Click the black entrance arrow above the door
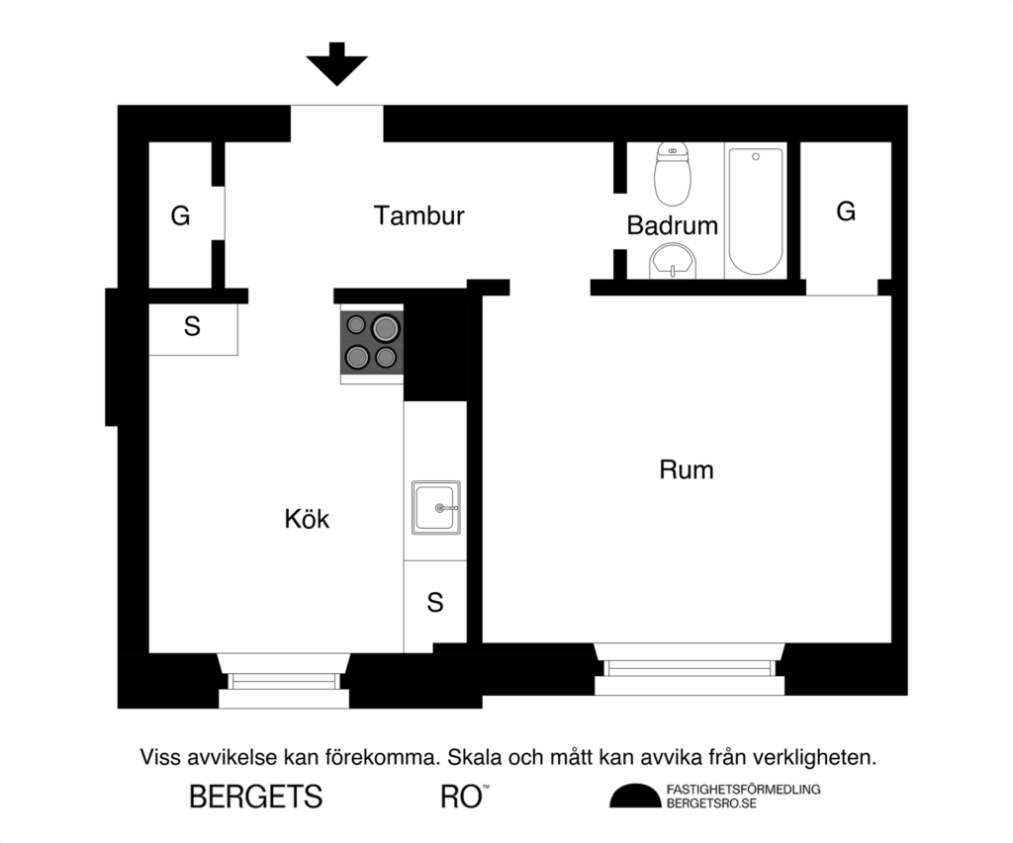[336, 64]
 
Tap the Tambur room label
[419, 216]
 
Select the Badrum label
[672, 225]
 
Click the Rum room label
[687, 469]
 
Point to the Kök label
[307, 519]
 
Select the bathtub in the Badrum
[756, 211]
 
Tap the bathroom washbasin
[673, 262]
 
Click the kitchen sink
[435, 508]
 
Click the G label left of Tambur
[180, 216]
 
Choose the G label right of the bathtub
[846, 211]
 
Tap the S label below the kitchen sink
[435, 603]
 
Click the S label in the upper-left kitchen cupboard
[192, 327]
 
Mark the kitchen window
[284, 681]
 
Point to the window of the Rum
[690, 669]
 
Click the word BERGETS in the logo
[255, 797]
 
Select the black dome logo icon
[634, 796]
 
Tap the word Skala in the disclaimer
[475, 759]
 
